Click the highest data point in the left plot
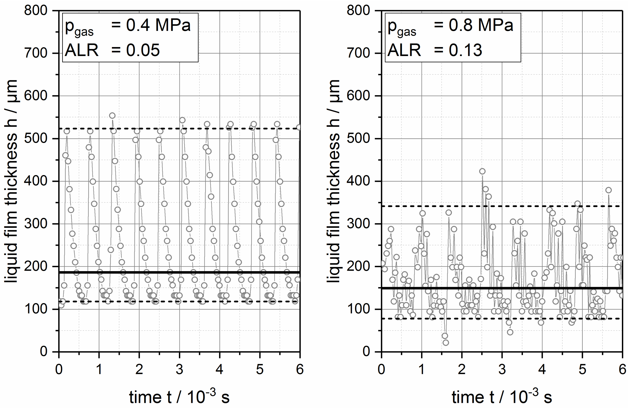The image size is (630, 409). click(x=112, y=116)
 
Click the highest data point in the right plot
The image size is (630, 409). click(x=482, y=171)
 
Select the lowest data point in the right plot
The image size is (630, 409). click(x=446, y=343)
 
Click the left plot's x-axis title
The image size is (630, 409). click(x=179, y=397)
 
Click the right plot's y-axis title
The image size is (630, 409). click(x=334, y=181)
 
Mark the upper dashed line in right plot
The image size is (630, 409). click(x=529, y=206)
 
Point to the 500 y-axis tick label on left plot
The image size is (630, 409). click(x=35, y=138)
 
